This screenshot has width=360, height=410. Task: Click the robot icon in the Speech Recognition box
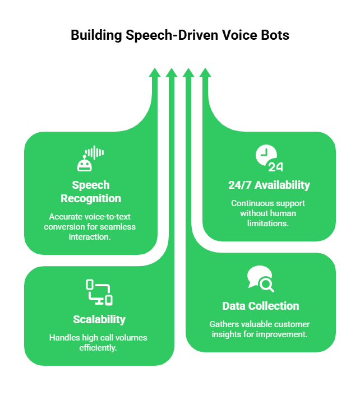(84, 164)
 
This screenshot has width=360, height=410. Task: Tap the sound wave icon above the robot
(95, 152)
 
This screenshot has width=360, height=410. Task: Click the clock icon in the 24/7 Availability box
(265, 155)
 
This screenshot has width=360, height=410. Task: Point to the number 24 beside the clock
(275, 166)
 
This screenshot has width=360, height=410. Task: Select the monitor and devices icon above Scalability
(99, 292)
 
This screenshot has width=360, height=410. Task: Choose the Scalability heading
(99, 319)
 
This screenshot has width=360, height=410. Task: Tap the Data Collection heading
(261, 306)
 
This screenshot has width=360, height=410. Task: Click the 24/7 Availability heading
(269, 185)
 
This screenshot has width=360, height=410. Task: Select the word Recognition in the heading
(91, 198)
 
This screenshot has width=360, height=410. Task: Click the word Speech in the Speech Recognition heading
(91, 185)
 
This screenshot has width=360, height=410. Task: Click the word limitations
(268, 223)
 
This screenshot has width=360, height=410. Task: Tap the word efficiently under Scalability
(99, 347)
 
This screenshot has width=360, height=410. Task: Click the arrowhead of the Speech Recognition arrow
(155, 73)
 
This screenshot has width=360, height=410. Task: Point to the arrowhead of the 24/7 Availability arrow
(205, 73)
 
